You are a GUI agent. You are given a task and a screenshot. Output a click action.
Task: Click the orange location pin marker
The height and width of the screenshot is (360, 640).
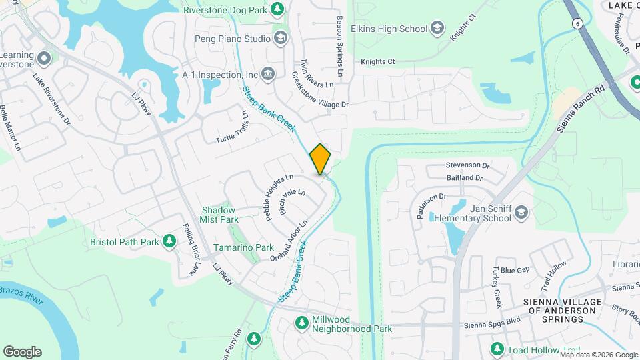(x=320, y=159)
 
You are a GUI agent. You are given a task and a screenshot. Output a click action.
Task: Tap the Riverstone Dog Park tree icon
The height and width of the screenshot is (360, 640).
(x=277, y=9)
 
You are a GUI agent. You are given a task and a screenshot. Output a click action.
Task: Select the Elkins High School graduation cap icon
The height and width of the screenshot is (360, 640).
(x=437, y=28)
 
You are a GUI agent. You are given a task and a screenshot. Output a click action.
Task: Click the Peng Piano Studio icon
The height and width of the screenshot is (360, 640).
(x=279, y=39)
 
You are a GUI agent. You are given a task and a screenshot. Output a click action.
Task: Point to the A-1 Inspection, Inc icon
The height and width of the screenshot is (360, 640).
(x=268, y=73)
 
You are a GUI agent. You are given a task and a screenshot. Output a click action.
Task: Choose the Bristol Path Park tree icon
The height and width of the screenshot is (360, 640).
(x=169, y=241)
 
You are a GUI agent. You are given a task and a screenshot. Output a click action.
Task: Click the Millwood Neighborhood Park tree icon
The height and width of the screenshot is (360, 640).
(x=302, y=323)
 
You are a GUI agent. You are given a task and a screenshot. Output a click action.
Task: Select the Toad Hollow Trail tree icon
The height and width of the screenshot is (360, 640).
(x=497, y=349)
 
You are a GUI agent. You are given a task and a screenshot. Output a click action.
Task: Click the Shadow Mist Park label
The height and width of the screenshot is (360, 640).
(x=219, y=215)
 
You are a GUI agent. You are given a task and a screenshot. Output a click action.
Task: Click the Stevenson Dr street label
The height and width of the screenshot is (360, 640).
(x=467, y=165)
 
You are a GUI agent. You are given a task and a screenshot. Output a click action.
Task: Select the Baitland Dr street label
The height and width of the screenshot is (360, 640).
(x=465, y=178)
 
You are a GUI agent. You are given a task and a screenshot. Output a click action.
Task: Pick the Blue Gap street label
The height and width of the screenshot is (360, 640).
(x=515, y=270)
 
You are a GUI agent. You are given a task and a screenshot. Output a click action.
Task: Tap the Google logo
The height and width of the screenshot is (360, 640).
(x=22, y=351)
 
